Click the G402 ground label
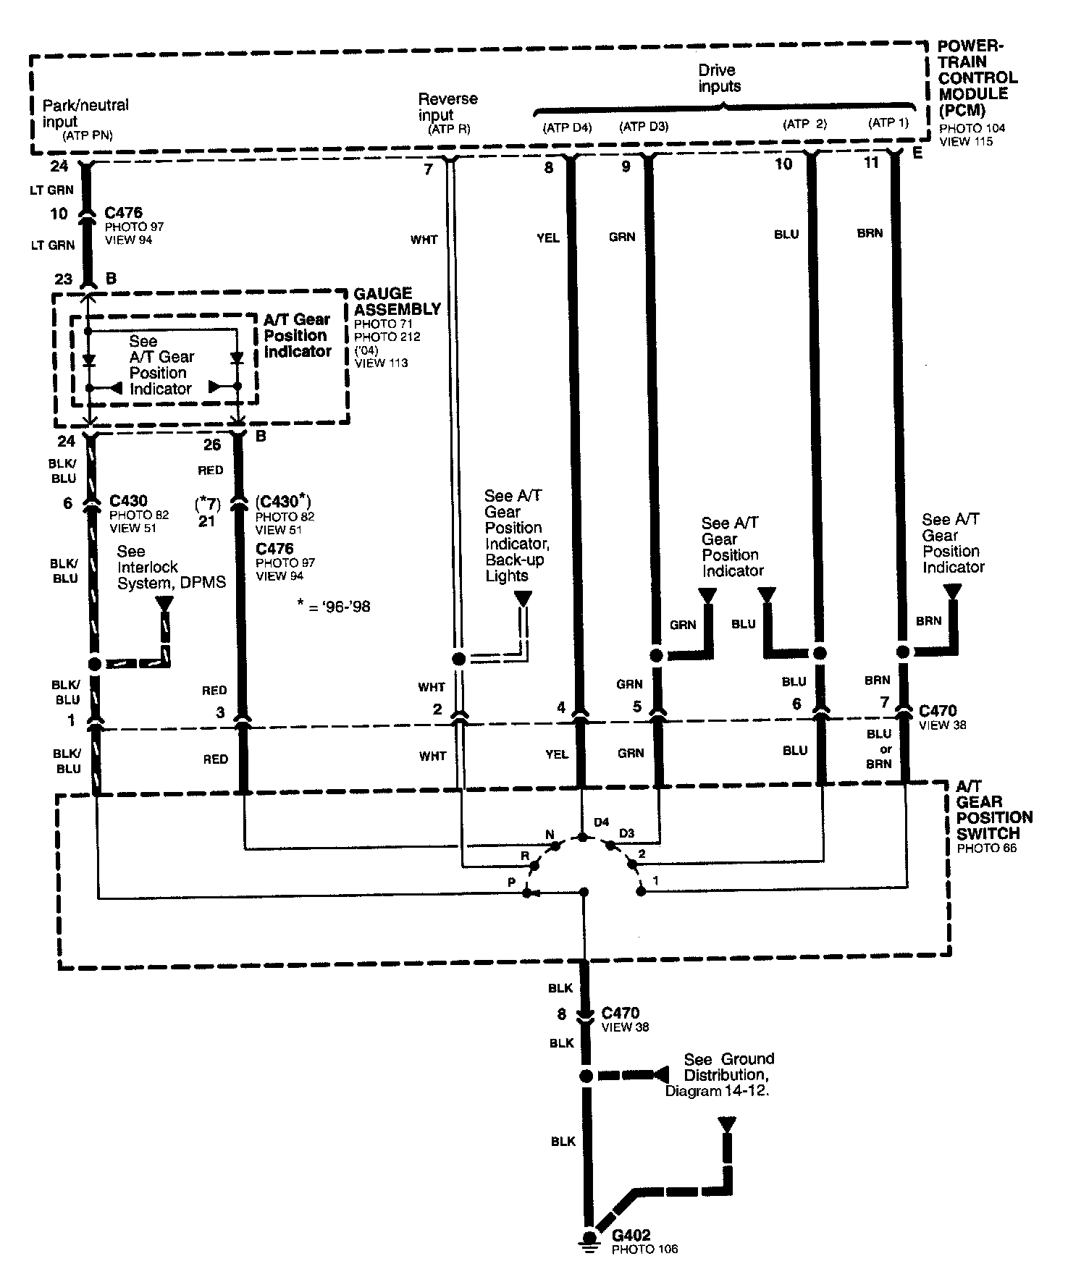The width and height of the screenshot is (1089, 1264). pos(631,1235)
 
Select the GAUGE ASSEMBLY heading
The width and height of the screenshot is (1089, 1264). pos(396,301)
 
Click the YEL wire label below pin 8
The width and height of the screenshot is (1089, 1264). pos(547,237)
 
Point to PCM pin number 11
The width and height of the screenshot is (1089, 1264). pos(871,163)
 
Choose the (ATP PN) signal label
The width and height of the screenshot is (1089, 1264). pos(88,135)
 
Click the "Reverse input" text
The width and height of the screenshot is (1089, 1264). pos(447,106)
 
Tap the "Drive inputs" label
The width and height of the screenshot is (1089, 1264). pos(719,78)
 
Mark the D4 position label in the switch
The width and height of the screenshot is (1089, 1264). pos(601,822)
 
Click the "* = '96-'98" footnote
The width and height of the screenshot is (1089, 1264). pos(334,606)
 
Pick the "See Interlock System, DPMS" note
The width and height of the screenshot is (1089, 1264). pos(171,568)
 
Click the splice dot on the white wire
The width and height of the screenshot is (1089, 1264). pos(458,659)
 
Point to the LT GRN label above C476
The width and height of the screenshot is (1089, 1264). pos(52,190)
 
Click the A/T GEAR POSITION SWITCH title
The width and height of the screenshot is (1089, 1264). pos(993,817)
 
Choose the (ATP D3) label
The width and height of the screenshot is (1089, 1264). pos(643,127)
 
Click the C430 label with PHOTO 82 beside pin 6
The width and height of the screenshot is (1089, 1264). pos(128,501)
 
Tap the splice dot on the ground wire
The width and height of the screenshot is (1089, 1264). pos(586,1076)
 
